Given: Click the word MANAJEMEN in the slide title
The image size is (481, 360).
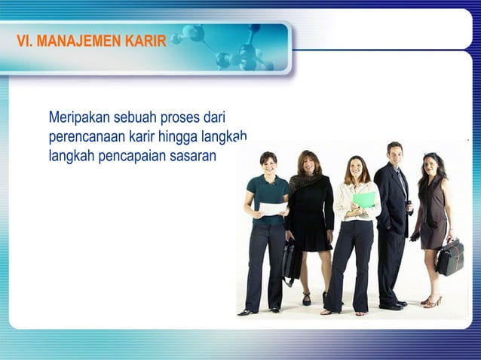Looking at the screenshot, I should pos(82,40).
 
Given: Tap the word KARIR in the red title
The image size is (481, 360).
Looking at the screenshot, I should pos(146,40).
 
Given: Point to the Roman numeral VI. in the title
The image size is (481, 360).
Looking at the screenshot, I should pos(26,40).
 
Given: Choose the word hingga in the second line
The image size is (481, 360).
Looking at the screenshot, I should pos(176,138).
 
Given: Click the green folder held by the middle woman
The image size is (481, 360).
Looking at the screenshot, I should pos(364,200).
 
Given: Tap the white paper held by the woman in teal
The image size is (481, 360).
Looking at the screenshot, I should pos(272,208).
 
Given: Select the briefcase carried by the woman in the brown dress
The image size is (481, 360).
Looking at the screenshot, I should pos(450,257).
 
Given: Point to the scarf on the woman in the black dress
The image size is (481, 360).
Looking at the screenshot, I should pos(305,181).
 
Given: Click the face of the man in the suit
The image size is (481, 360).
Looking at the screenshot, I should pos(395,153).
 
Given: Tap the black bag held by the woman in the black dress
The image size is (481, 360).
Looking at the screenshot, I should pos(291,258).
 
